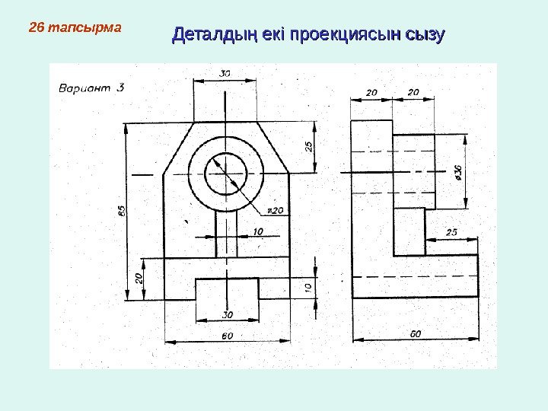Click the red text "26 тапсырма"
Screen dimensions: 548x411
click(x=75, y=29)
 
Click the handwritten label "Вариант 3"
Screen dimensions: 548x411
click(x=91, y=87)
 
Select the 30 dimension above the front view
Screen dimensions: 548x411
click(x=226, y=74)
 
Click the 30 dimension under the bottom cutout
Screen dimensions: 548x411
click(x=227, y=314)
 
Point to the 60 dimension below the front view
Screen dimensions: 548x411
click(x=227, y=336)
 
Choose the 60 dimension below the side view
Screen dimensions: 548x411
click(x=415, y=333)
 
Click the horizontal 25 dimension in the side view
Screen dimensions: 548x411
click(x=451, y=231)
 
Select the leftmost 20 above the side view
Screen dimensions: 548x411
click(x=371, y=92)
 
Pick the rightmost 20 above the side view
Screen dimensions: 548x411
click(x=413, y=92)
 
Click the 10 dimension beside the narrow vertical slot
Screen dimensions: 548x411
click(x=259, y=231)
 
